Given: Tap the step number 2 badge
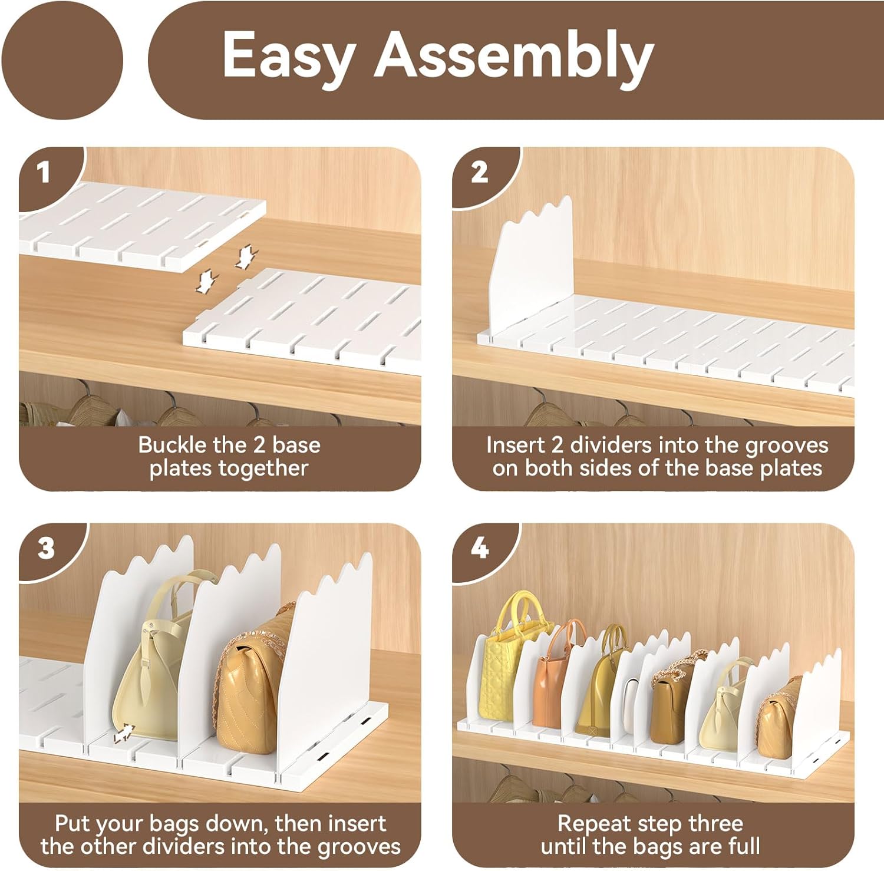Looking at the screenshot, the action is click(479, 172).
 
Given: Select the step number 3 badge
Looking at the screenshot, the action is click(46, 549).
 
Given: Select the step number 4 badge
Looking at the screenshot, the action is click(479, 549).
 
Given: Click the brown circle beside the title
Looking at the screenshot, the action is click(61, 60).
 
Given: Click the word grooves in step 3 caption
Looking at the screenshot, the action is click(360, 847).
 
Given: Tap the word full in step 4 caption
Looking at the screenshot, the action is click(743, 846).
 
